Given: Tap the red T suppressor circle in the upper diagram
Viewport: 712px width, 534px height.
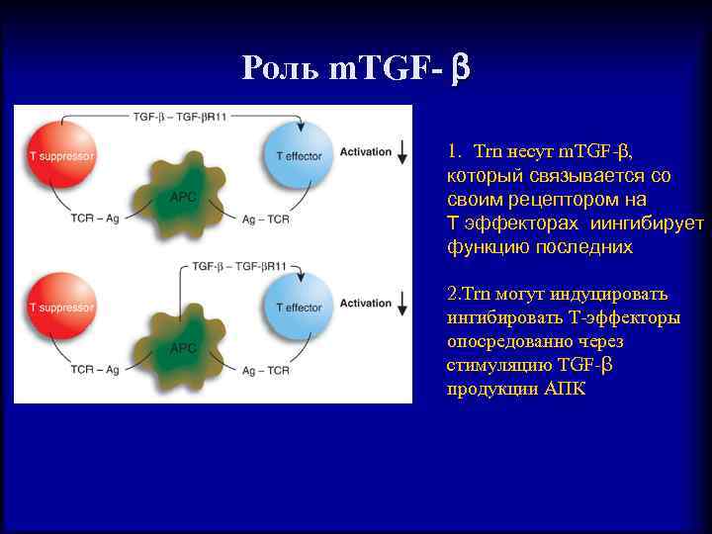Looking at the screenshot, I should click(61, 154).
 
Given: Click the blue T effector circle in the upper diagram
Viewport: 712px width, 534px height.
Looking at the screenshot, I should click(300, 154).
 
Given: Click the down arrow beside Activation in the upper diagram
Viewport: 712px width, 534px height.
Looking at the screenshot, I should click(402, 152).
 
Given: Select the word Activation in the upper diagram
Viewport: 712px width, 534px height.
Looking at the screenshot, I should click(365, 152).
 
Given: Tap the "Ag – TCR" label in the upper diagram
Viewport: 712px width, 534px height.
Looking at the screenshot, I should click(265, 219).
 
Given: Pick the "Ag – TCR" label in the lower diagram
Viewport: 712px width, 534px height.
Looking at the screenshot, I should click(265, 371).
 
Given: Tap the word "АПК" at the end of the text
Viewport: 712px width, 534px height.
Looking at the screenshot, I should click(565, 389).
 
